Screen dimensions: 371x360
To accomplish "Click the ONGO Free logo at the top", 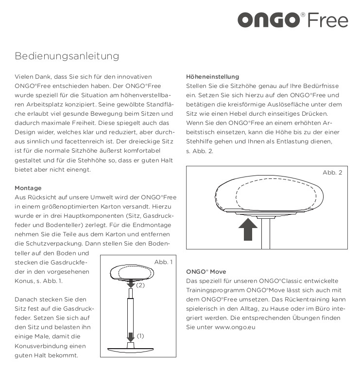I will pyautogui.click(x=292, y=20).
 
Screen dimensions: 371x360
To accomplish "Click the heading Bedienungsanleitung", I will pyautogui.click(x=67, y=56).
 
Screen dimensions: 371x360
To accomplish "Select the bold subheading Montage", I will pyautogui.click(x=28, y=188).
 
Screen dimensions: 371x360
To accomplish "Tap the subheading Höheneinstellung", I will pyautogui.click(x=212, y=76).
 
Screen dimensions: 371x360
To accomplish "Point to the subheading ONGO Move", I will pyautogui.click(x=206, y=271).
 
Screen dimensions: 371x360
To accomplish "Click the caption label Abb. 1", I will pyautogui.click(x=163, y=262).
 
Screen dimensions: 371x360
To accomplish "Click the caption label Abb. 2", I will pyautogui.click(x=332, y=173).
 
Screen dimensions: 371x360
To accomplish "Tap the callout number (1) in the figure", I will pyautogui.click(x=140, y=336).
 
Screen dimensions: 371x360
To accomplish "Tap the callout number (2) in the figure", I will pyautogui.click(x=140, y=285).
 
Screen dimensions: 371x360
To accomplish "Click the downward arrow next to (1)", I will pyautogui.click(x=131, y=336).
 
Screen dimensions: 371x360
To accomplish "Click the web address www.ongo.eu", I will pyautogui.click(x=235, y=327).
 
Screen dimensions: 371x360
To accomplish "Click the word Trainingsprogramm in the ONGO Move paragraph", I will pyautogui.click(x=213, y=290).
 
